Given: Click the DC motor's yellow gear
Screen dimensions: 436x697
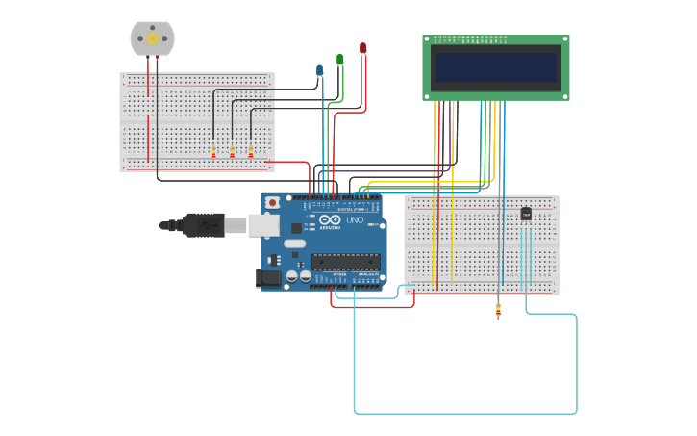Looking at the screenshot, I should [152, 38].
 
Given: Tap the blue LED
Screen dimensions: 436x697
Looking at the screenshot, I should [320, 70].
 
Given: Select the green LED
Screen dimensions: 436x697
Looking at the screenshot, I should [339, 60].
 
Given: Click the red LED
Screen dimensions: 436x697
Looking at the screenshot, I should [362, 48].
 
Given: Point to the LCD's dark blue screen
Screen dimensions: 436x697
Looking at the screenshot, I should [495, 67].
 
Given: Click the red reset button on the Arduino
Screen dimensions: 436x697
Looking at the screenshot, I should [273, 203].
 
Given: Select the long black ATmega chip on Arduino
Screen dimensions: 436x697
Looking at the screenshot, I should [344, 260].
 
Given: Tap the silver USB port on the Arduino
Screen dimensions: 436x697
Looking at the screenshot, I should [263, 225].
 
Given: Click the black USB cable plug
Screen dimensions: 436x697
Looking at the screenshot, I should [204, 225].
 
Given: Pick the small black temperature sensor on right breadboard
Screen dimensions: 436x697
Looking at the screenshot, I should [526, 214].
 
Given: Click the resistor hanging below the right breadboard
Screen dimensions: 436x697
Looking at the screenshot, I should [498, 309].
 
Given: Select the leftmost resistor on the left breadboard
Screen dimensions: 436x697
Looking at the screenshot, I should [213, 152].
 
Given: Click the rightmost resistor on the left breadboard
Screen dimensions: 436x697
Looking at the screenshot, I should [251, 152].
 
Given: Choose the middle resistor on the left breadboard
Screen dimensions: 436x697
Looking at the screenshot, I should [232, 152].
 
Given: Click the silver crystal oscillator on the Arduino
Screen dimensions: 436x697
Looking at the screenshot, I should [293, 244].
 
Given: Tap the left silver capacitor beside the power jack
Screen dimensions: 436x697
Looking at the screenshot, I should [291, 276].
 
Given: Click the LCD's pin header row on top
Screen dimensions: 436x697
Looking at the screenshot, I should [471, 38].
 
